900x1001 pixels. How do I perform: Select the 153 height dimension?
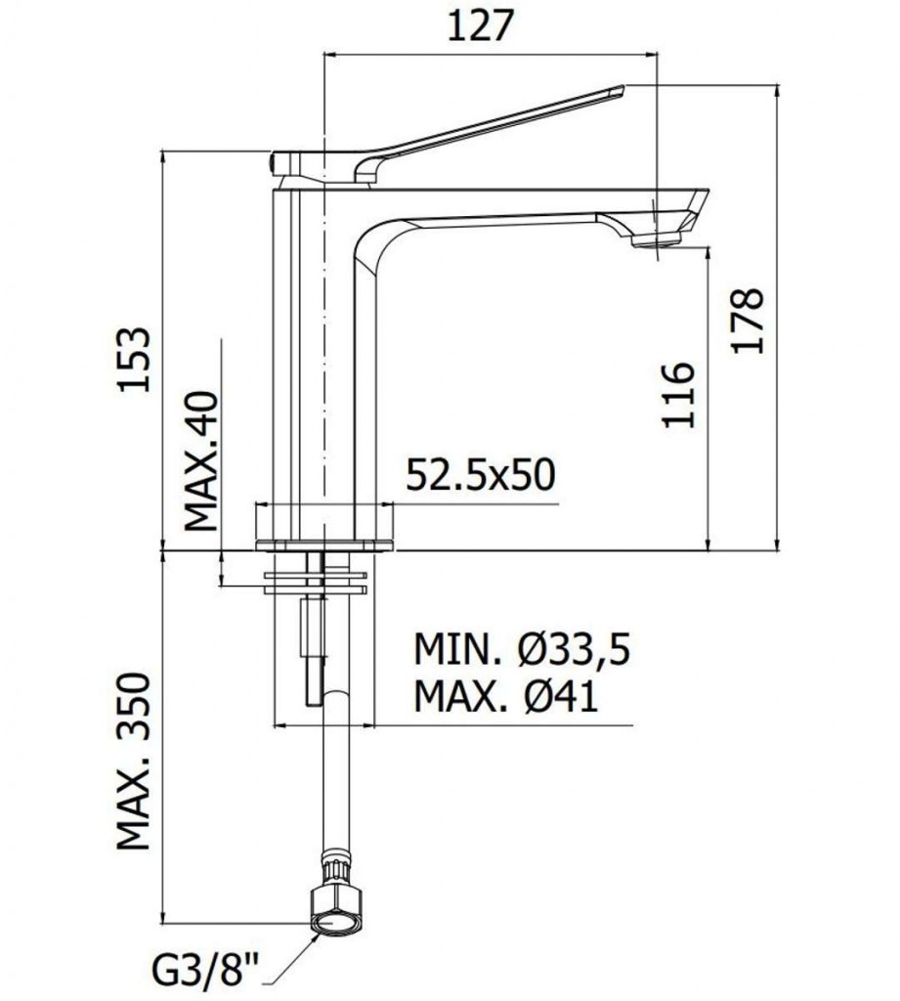[134, 359]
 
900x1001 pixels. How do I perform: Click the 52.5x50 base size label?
[480, 475]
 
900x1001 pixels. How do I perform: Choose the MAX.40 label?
[202, 458]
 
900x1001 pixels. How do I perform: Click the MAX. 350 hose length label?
[135, 761]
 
